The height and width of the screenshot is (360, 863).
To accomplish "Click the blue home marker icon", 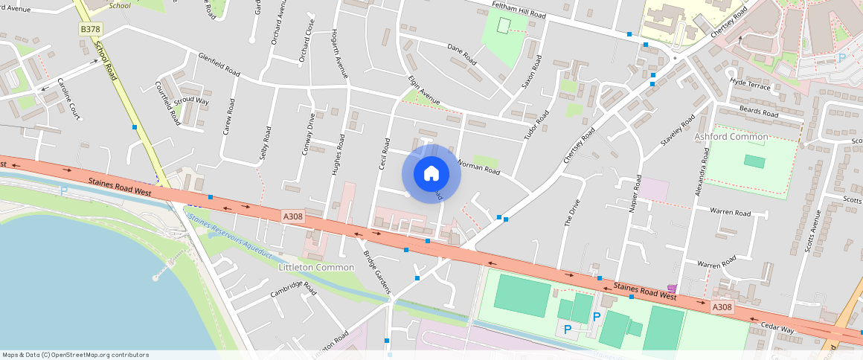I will coord(431,174).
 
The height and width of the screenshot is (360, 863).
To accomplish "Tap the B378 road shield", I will coord(90,29).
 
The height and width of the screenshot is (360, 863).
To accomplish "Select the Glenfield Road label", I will coord(219,65).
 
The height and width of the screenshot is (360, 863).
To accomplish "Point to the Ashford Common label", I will coord(731,137).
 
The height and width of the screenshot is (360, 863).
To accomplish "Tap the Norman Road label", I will coord(479,169).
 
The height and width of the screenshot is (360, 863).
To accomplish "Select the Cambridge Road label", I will coord(293,289).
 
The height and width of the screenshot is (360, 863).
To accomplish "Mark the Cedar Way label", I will coord(777,329).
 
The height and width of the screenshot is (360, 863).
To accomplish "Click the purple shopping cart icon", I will coord(673,289).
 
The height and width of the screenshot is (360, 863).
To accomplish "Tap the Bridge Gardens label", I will coord(377,271).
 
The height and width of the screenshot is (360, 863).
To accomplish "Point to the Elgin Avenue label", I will coord(424,89).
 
